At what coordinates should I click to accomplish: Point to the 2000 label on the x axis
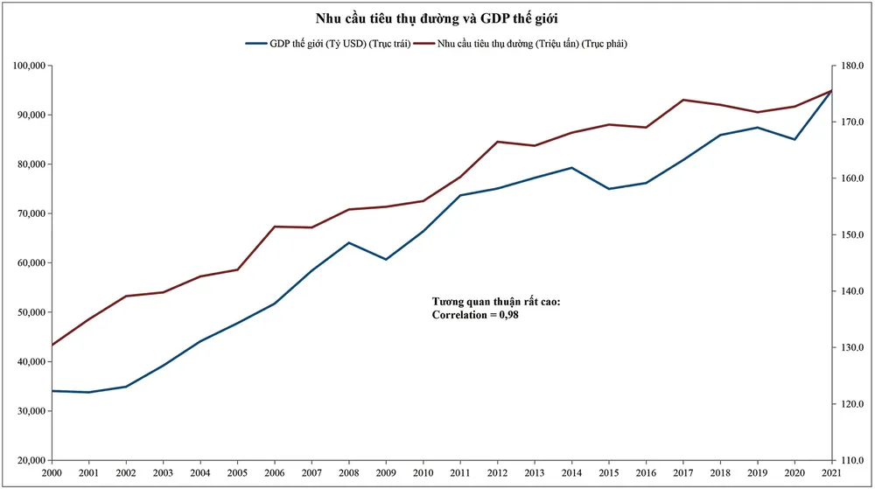[x=52, y=474]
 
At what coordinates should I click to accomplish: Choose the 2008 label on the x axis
[x=349, y=474]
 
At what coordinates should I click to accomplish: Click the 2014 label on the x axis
[x=571, y=474]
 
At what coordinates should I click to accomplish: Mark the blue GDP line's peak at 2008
[x=349, y=242]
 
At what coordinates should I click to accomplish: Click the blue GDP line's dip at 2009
[x=386, y=259]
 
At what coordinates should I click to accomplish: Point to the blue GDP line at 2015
[x=608, y=189]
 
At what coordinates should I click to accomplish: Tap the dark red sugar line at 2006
[x=275, y=227]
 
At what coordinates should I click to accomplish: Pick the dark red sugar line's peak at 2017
[x=682, y=100]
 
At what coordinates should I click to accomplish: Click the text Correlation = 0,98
[x=481, y=315]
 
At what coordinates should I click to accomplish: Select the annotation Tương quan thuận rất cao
[x=496, y=302]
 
